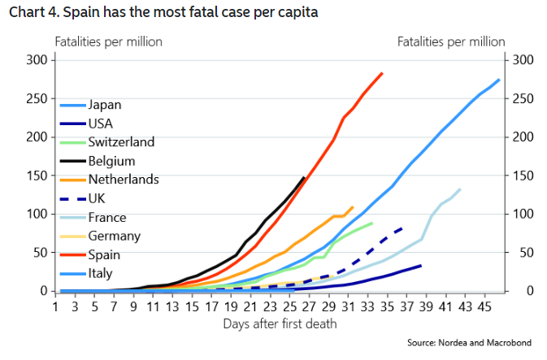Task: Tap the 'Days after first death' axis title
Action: [279, 324]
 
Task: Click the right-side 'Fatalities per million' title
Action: [451, 41]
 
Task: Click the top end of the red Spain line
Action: [382, 73]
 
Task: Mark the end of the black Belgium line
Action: [304, 177]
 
